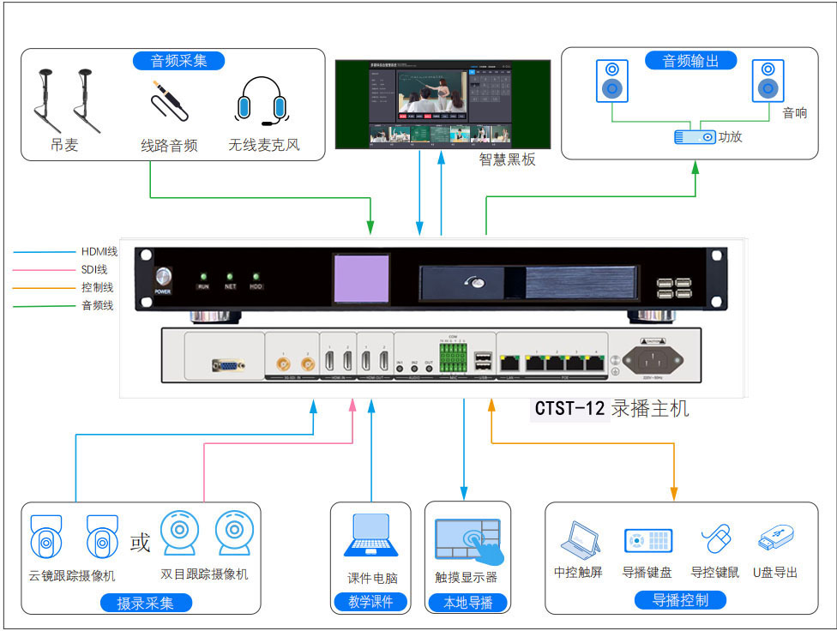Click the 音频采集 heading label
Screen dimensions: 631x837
click(x=179, y=60)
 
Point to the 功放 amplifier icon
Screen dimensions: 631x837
click(x=695, y=136)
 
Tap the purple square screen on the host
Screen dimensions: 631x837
click(x=361, y=279)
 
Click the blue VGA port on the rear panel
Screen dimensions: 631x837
click(x=226, y=366)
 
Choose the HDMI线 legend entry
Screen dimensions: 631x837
click(x=99, y=251)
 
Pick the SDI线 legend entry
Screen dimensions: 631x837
click(x=94, y=269)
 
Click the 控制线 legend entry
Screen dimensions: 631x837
click(x=97, y=287)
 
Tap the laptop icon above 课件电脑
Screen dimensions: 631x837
click(x=371, y=536)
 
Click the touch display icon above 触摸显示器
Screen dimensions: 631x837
click(x=467, y=539)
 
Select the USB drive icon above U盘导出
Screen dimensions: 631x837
click(x=775, y=539)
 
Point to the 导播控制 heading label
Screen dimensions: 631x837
click(x=680, y=600)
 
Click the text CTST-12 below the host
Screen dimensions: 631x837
click(x=570, y=408)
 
